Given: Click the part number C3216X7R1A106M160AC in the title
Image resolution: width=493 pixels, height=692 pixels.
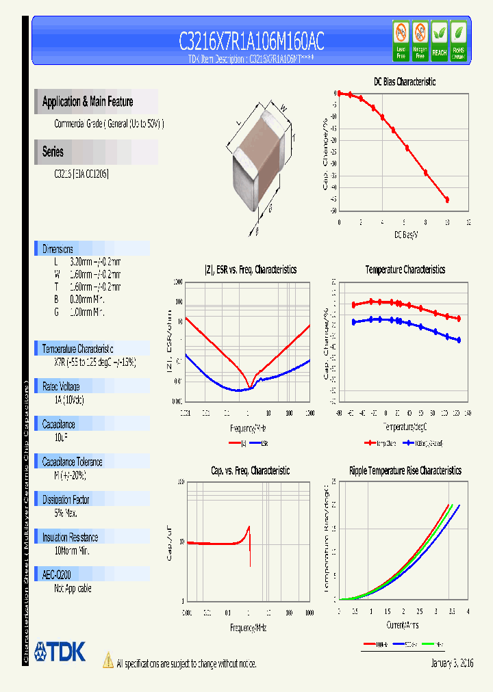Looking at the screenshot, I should tap(251, 41).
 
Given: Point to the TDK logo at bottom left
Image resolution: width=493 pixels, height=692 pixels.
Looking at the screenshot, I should tap(60, 652).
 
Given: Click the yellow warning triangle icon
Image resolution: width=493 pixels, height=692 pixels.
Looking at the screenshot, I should tap(108, 660).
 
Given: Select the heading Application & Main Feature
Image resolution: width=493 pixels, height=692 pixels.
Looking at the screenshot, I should tap(88, 102).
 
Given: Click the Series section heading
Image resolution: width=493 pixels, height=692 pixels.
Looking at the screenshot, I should tap(53, 152).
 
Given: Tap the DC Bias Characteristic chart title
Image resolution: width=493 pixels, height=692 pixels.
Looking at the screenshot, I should tap(404, 81).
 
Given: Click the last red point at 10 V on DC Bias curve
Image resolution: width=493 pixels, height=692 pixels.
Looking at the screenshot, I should tap(447, 200).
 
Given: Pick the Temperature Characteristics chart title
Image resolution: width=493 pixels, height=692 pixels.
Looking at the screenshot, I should tap(405, 269).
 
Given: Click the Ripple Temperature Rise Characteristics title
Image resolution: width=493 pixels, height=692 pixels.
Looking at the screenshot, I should tap(405, 470).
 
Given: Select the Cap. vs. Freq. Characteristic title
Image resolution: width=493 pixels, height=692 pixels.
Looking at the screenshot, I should tap(249, 470).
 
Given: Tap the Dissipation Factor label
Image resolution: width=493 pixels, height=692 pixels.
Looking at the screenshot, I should tap(66, 500).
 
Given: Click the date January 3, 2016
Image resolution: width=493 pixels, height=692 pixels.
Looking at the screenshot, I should tap(452, 663).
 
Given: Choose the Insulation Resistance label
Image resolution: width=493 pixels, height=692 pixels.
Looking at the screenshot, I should tap(70, 537).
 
